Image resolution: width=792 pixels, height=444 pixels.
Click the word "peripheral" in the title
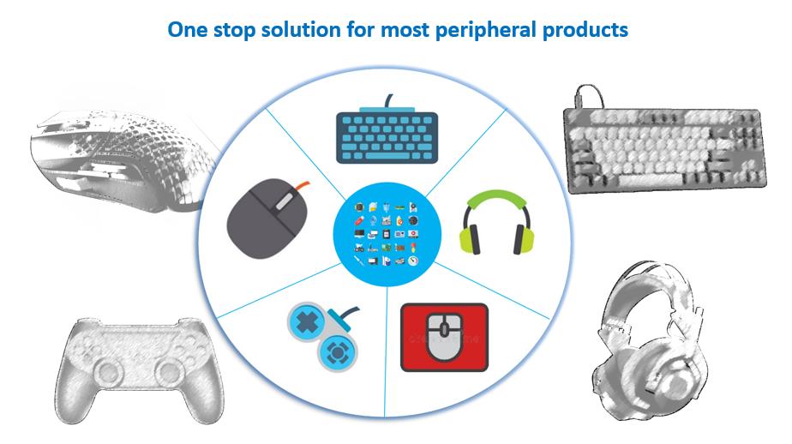486,30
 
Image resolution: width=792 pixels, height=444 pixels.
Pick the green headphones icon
496,222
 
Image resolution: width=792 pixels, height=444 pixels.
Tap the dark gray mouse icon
268,219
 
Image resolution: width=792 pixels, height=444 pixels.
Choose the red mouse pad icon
445,337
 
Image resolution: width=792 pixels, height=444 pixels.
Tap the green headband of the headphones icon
496,200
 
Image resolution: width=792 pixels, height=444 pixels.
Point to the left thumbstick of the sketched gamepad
108,372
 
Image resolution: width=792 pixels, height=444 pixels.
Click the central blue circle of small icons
387,234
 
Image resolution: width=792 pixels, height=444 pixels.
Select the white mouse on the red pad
445,338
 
